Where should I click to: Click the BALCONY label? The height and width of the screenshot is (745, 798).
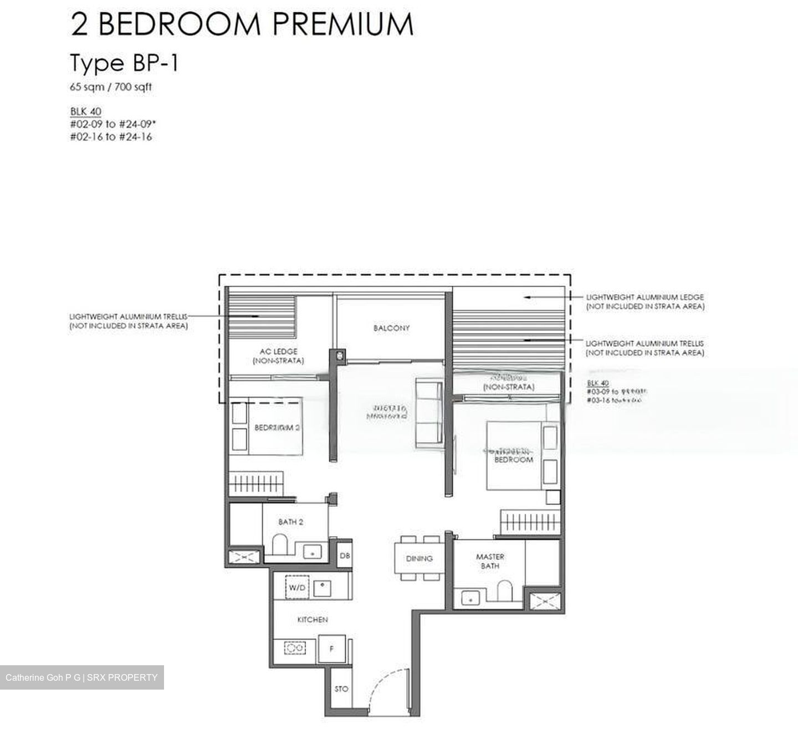(391, 328)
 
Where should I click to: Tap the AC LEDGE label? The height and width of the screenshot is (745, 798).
(278, 356)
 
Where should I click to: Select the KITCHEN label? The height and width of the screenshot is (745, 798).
(313, 620)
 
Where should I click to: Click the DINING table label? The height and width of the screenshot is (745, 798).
(419, 558)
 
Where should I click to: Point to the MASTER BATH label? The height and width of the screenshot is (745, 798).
(490, 561)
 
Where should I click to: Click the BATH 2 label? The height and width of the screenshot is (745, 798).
(290, 522)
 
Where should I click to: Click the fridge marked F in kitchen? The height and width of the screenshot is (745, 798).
(331, 649)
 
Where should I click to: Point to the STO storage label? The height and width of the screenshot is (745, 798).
(341, 689)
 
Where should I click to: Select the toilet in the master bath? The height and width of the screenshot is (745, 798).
(504, 590)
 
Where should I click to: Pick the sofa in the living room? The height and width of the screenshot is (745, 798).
(429, 412)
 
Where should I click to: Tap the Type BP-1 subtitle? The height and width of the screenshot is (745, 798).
(124, 63)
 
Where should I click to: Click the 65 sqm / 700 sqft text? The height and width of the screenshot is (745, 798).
(110, 87)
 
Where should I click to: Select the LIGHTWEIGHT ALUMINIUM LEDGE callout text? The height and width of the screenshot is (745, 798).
(645, 301)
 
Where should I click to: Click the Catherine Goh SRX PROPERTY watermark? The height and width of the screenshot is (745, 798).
(81, 677)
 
